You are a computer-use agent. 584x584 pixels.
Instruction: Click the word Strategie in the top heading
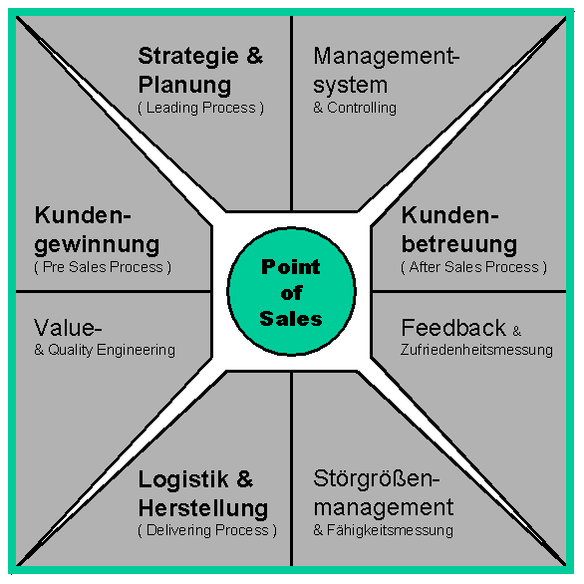[188, 57]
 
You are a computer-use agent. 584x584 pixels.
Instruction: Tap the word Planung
[184, 85]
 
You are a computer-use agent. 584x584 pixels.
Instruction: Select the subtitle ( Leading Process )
[200, 108]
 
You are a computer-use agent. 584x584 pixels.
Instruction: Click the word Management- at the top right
[387, 57]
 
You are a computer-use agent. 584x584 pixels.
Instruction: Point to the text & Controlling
[355, 108]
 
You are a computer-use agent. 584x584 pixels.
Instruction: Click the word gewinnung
[97, 245]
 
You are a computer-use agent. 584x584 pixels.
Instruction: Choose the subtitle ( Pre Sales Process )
[103, 267]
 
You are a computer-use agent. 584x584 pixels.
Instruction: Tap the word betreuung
[458, 244]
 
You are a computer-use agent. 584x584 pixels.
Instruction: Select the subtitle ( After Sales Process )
[473, 267]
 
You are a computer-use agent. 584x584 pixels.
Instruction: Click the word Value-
[68, 328]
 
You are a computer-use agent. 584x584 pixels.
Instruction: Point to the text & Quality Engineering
[105, 350]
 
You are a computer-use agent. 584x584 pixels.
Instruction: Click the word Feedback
[453, 328]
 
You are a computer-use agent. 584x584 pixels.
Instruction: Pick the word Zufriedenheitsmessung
[476, 350]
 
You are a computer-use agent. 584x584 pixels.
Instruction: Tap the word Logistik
[183, 479]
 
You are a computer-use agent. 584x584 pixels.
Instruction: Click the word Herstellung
[203, 508]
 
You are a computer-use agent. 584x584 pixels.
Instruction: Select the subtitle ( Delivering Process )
[207, 530]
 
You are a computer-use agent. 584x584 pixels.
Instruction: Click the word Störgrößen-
[377, 479]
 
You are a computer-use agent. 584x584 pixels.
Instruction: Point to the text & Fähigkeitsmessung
[384, 530]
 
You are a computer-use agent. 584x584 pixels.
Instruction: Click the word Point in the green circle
[291, 267]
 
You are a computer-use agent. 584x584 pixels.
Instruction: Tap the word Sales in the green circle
[291, 319]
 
